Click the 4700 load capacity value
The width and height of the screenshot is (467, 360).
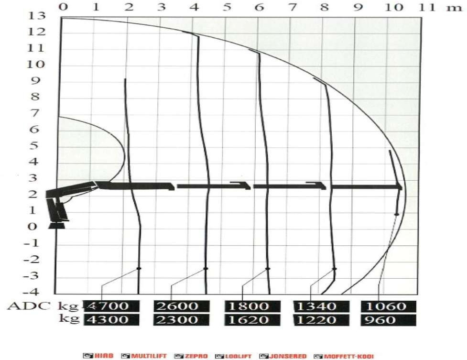coord(111,306)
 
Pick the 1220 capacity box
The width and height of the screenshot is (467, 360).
coord(321,320)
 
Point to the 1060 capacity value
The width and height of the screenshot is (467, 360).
coord(389,306)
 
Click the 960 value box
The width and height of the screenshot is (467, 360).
coord(389,320)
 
